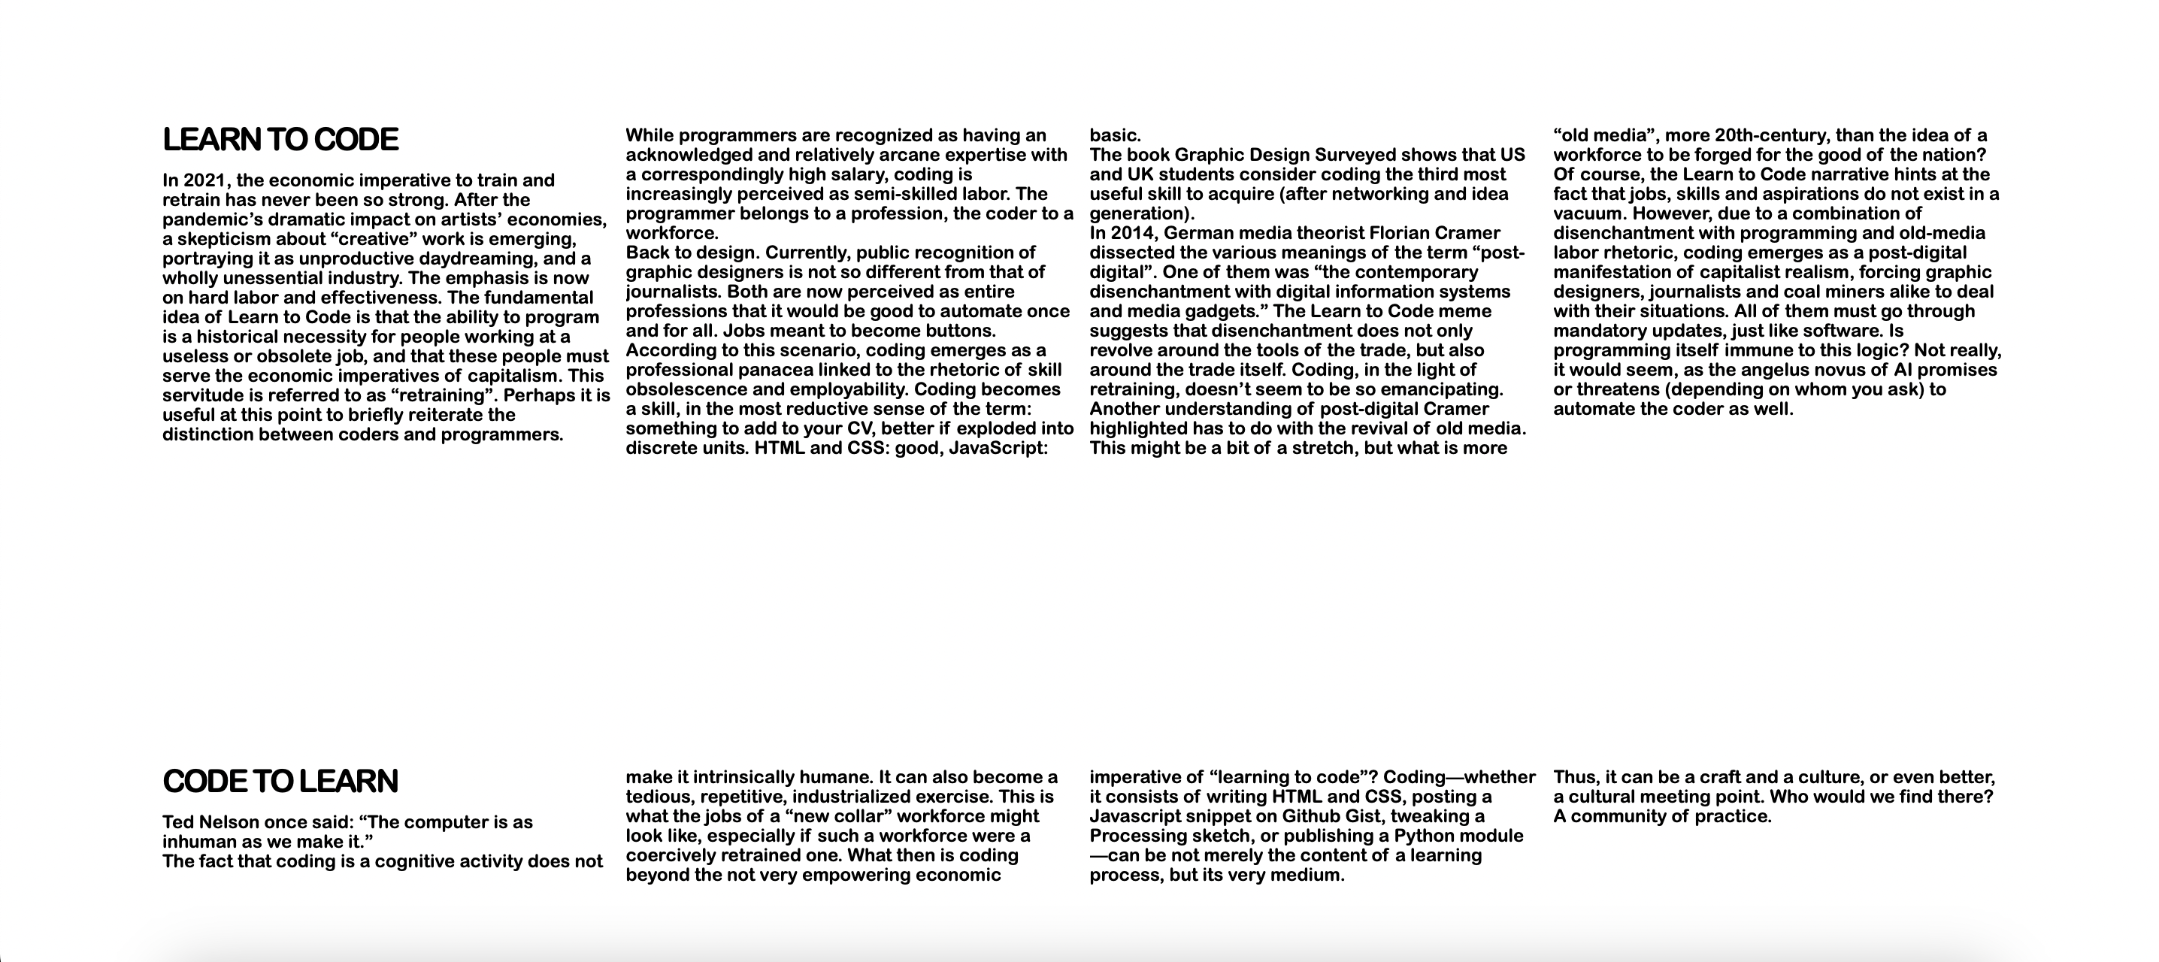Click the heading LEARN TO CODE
click(x=280, y=140)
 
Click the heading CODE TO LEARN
click(x=280, y=781)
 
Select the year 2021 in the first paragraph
click(x=204, y=180)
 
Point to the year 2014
click(x=1131, y=233)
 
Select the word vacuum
click(x=1589, y=213)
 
